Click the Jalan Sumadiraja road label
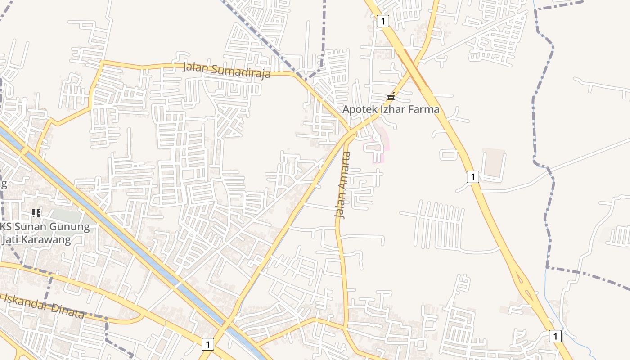tap(227, 71)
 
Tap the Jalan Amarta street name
tap(343, 185)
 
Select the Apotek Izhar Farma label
tap(391, 109)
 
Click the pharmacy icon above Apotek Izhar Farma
tap(391, 97)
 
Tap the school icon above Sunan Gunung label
tap(36, 213)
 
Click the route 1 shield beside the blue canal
tap(207, 345)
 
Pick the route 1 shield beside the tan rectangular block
tap(472, 177)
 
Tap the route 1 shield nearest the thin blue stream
tap(555, 336)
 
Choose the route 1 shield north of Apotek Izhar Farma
tap(382, 21)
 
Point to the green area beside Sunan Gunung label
tap(67, 215)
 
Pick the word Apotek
tap(359, 109)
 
